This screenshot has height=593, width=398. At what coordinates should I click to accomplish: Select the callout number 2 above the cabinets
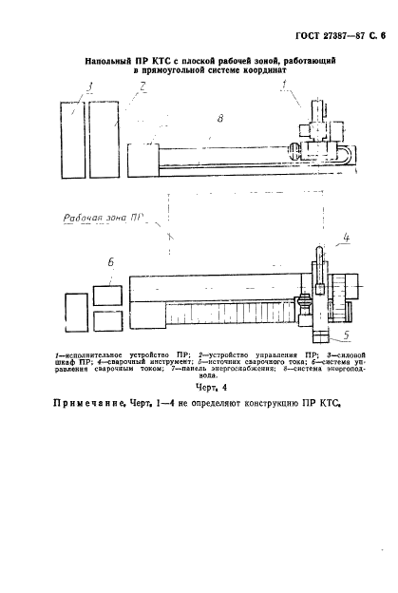(140, 86)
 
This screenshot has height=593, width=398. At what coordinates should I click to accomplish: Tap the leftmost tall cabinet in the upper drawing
(71, 138)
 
